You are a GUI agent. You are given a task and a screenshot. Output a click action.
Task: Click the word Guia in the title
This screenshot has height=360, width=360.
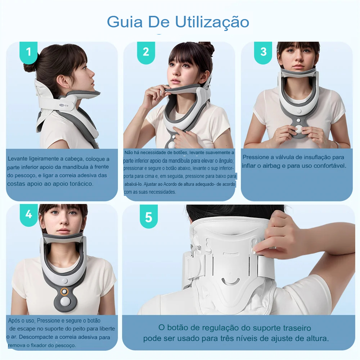[x=125, y=22]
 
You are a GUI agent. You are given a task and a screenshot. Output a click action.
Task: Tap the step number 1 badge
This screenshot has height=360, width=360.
[x=28, y=53]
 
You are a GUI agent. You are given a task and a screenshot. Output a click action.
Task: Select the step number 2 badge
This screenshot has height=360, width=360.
[x=146, y=53]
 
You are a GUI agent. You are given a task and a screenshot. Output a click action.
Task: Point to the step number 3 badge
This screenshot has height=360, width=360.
[x=263, y=53]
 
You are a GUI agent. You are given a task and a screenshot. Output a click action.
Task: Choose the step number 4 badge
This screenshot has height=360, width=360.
[x=29, y=215]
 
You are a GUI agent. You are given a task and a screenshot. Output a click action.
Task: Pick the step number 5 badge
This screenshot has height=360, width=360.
[x=149, y=216]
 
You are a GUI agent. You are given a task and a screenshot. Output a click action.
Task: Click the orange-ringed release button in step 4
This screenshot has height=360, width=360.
[x=64, y=292]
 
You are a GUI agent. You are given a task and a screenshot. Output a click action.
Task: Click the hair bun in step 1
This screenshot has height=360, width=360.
[x=30, y=66]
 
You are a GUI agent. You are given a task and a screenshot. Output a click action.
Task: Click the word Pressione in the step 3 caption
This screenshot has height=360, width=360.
[x=256, y=157]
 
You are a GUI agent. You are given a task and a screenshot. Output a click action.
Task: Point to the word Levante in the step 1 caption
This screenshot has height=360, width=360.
[x=17, y=159]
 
